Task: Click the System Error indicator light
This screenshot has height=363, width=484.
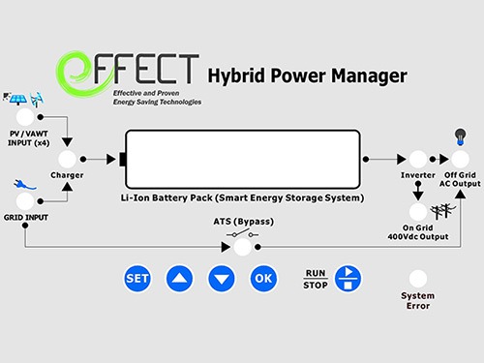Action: point(419,279)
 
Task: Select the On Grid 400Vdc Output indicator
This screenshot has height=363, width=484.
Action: point(418,211)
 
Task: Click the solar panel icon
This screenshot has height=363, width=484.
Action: point(18,100)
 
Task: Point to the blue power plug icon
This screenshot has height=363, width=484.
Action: point(21,180)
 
